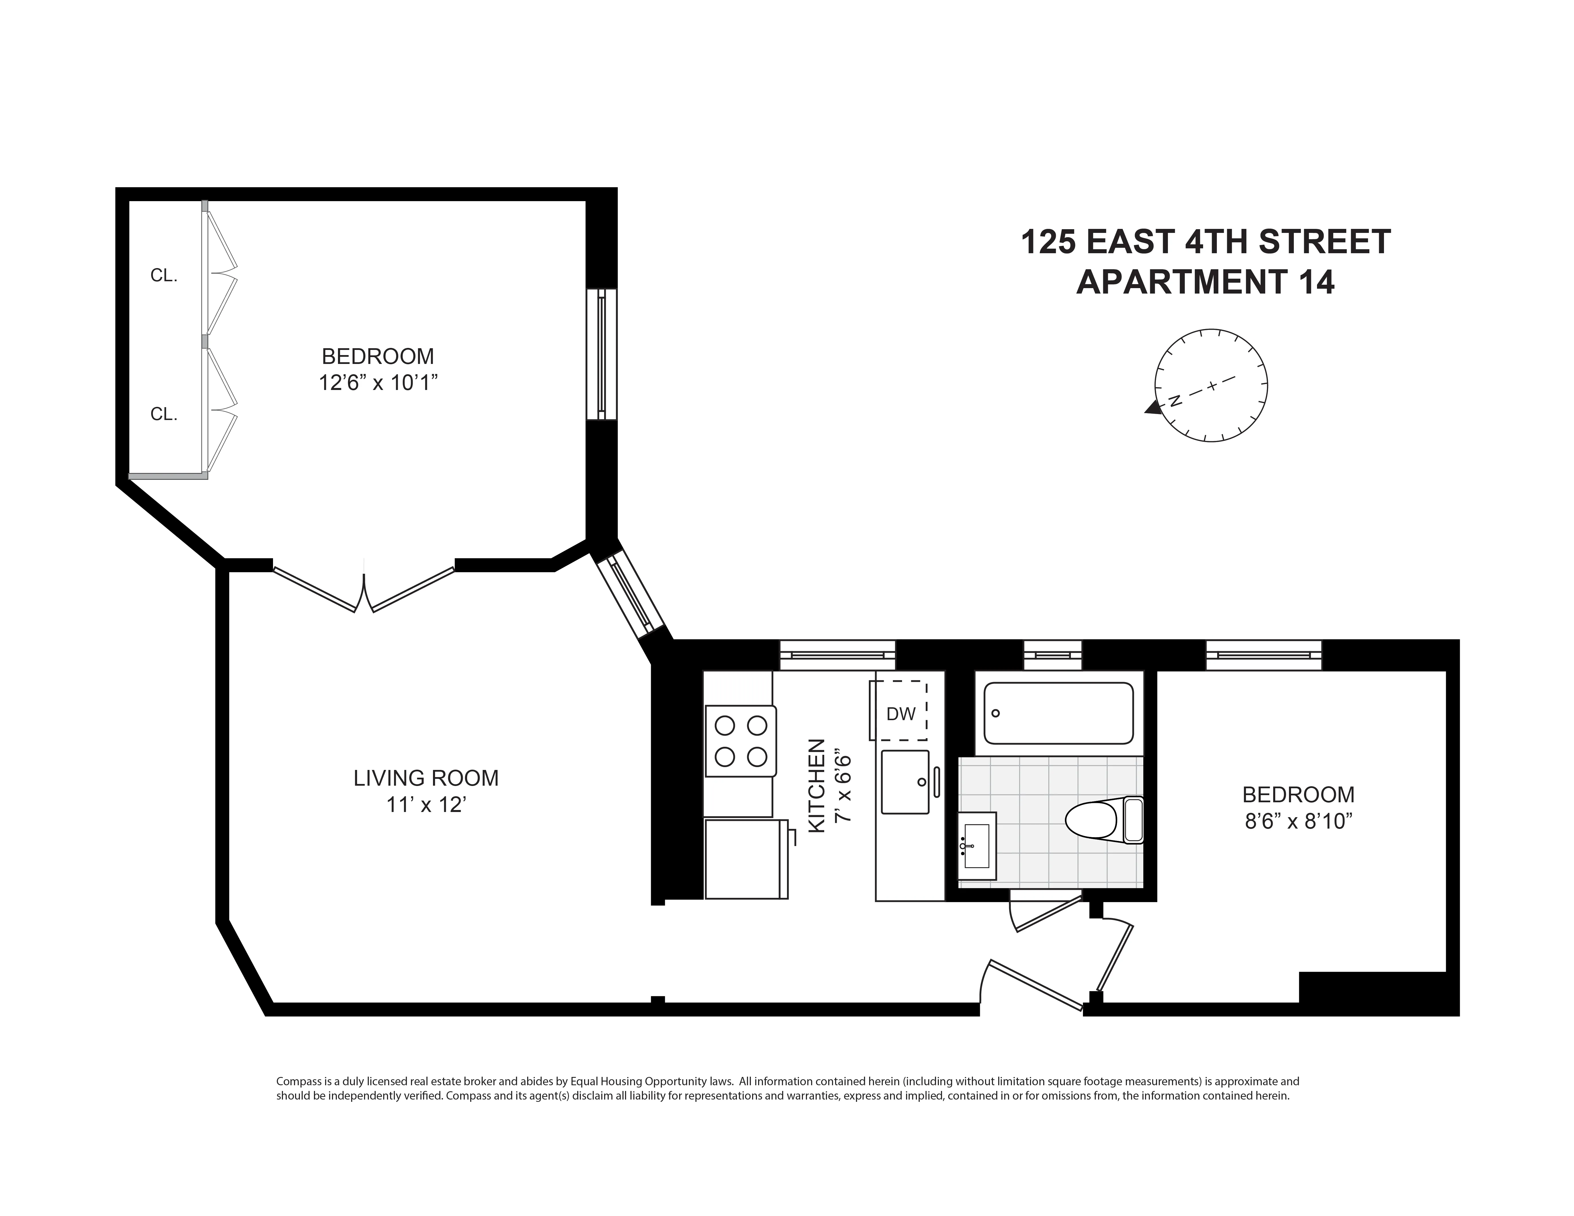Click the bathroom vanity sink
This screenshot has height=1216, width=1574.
tap(976, 846)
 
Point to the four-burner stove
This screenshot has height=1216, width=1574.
tap(740, 740)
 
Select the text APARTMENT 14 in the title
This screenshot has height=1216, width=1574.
tap(1205, 282)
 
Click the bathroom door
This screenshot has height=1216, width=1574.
tap(1045, 914)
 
